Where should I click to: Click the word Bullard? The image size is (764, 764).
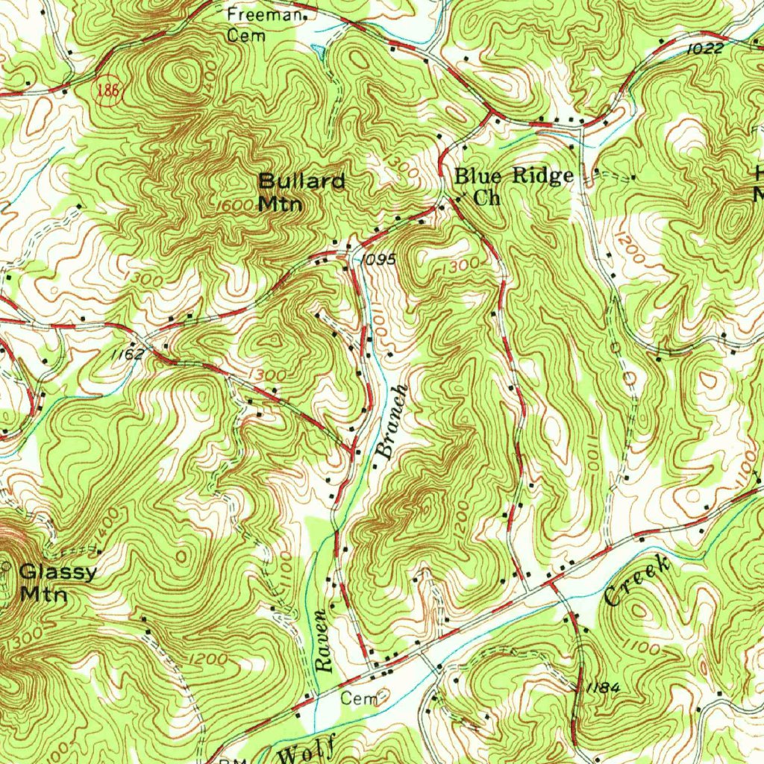point(301,181)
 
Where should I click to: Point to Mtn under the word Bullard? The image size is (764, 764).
point(280,203)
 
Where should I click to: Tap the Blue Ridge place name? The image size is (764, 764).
point(514,176)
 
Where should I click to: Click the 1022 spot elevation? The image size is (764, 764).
point(703,48)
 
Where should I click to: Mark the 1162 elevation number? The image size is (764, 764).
point(125,354)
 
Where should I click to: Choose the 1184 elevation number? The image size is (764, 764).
point(603,687)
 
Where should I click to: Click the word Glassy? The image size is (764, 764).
point(57,572)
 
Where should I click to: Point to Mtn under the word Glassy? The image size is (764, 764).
point(43,595)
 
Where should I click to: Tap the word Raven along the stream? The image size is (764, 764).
point(322,640)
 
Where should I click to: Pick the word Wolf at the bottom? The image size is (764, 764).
point(307,750)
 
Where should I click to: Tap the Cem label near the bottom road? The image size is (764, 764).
point(355,698)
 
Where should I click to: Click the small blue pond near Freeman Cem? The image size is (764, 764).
point(320,51)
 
